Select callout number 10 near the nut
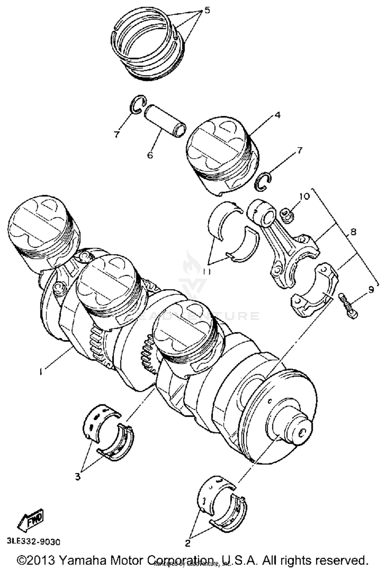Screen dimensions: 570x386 pyautogui.click(x=304, y=196)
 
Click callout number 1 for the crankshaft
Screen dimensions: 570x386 pyautogui.click(x=40, y=372)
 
